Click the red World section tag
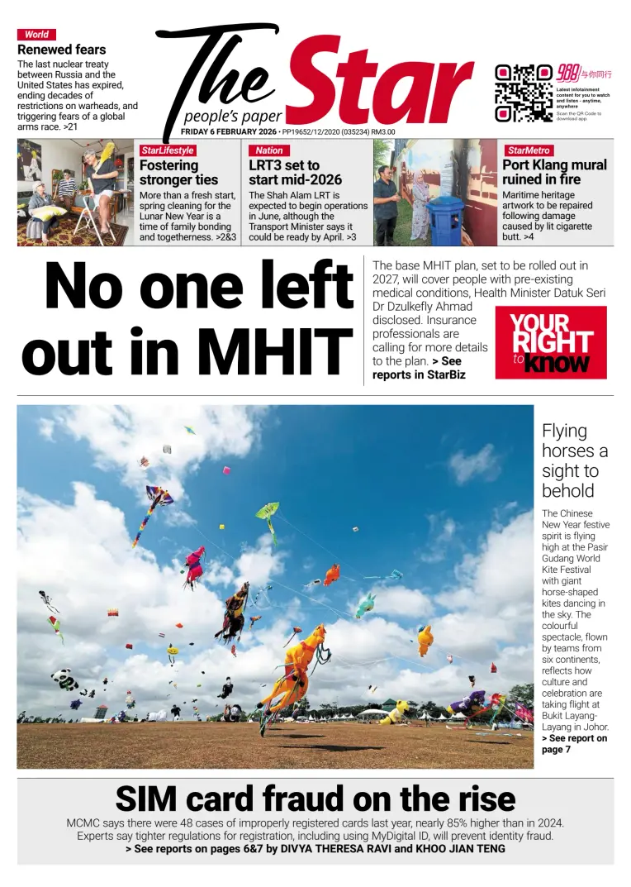point(36,35)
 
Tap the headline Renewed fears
point(62,50)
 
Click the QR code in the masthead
point(523,92)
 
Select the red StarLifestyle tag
point(167,150)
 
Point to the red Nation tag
point(269,150)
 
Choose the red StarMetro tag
point(529,150)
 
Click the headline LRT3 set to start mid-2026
point(295,172)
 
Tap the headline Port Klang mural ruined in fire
point(553,172)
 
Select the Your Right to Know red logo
point(550,342)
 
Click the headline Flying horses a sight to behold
point(574,460)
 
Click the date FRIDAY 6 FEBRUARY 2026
point(229,131)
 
